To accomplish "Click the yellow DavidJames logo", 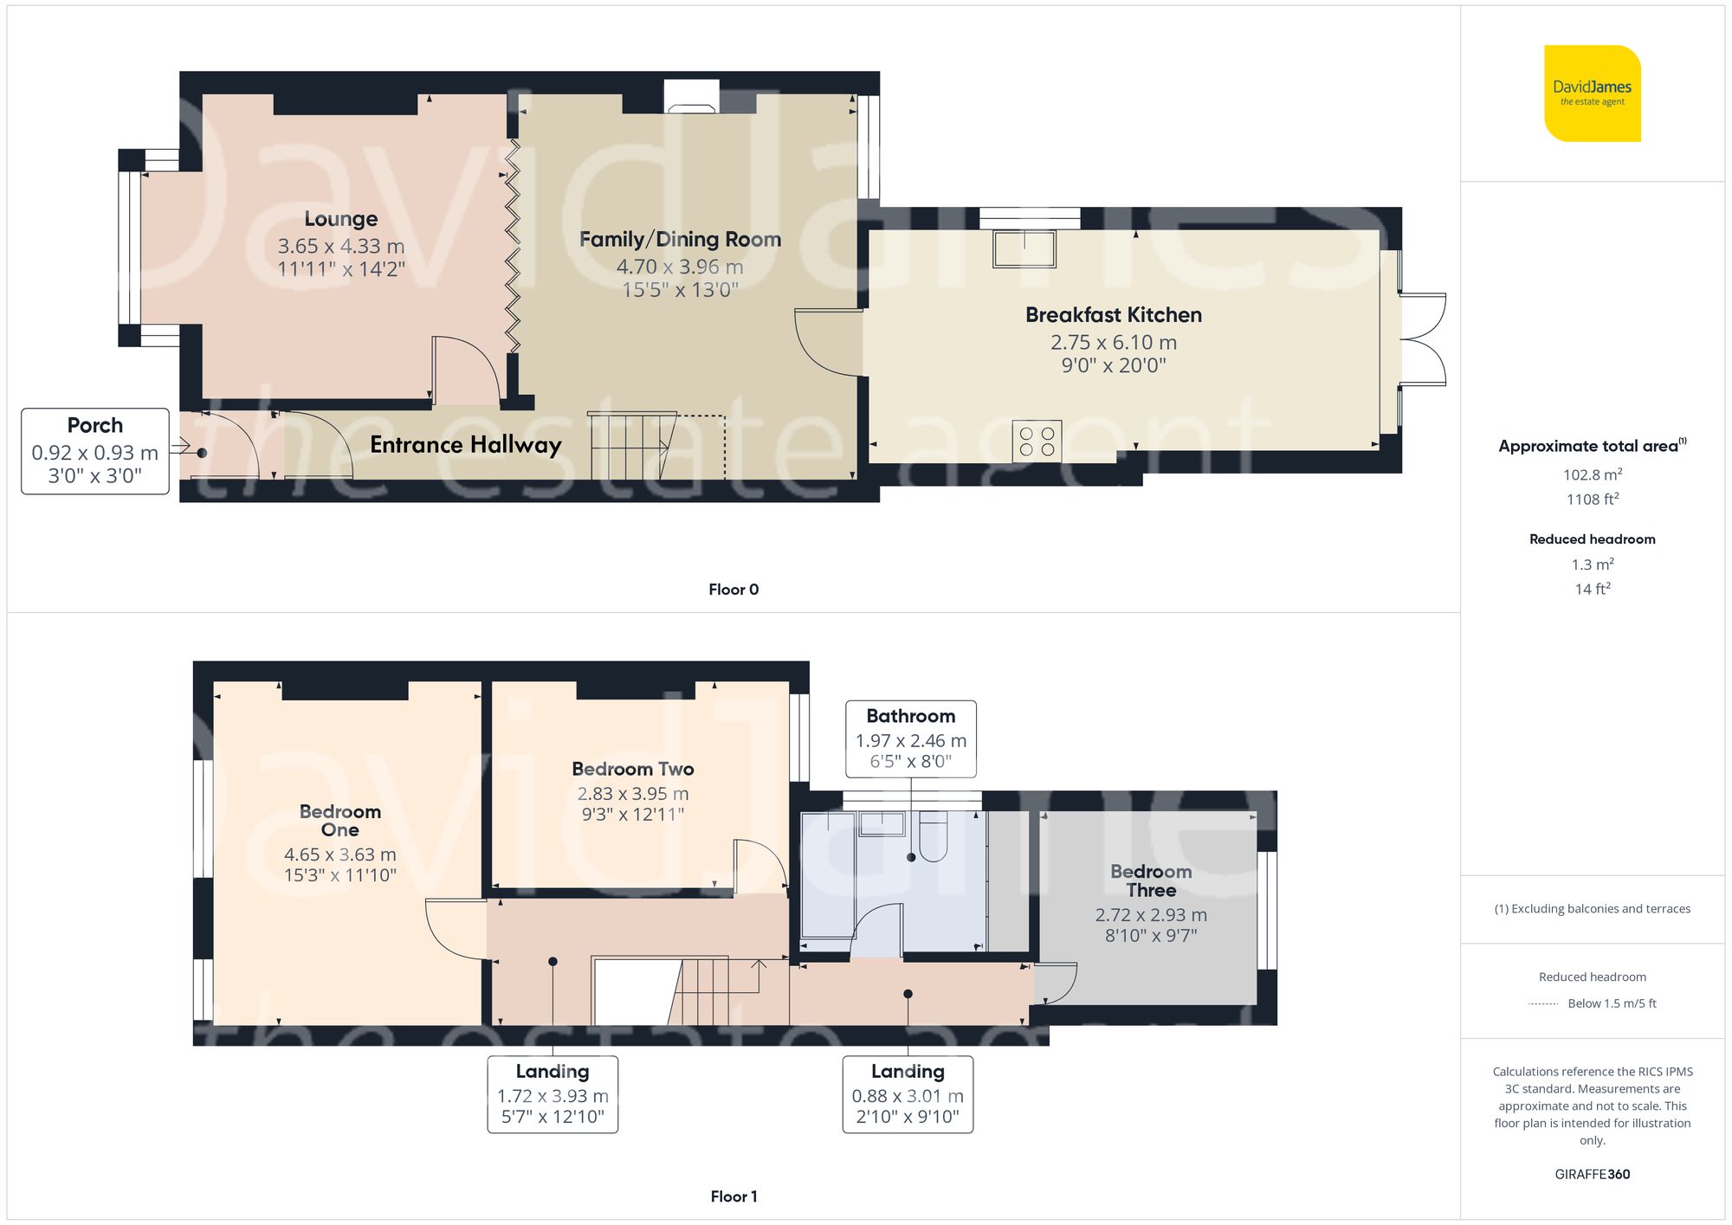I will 1592,93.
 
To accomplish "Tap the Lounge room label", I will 340,219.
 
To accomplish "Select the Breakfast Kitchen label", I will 1113,315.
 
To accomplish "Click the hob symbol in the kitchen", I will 1037,440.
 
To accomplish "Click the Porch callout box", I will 95,451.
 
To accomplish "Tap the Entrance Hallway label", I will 466,445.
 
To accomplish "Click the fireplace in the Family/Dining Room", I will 691,98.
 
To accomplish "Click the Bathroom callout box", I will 911,738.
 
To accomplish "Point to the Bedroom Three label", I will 1150,880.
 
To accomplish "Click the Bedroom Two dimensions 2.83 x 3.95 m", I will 633,794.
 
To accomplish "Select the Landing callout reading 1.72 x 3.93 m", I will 553,1094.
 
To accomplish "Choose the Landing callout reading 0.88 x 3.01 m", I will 908,1094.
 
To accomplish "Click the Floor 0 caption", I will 733,590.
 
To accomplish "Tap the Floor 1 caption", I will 733,1196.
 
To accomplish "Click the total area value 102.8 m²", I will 1592,474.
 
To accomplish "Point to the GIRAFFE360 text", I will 1592,1175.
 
